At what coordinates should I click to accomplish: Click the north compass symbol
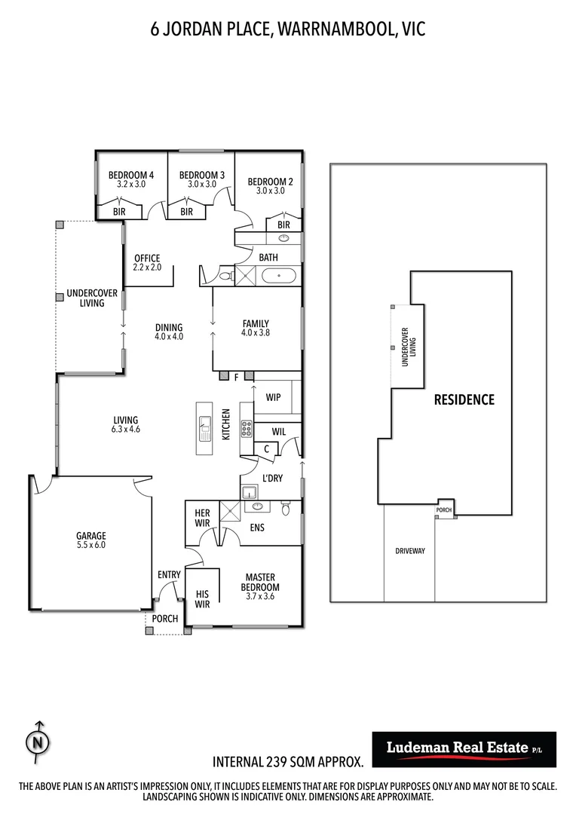pyautogui.click(x=37, y=742)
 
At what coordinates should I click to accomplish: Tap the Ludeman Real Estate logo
pyautogui.click(x=464, y=748)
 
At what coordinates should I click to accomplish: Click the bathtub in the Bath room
pyautogui.click(x=280, y=277)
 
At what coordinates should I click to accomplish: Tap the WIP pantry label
pyautogui.click(x=273, y=396)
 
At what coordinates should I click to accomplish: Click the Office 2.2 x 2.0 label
pyautogui.click(x=147, y=263)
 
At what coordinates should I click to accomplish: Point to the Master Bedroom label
pyautogui.click(x=259, y=583)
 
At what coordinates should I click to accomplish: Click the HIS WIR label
pyautogui.click(x=202, y=599)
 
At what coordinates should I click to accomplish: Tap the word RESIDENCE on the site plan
pyautogui.click(x=464, y=399)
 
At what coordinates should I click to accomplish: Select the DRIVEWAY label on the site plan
pyautogui.click(x=410, y=551)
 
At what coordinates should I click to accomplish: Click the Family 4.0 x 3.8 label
pyautogui.click(x=255, y=329)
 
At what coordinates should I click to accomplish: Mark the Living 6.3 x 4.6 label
pyautogui.click(x=126, y=424)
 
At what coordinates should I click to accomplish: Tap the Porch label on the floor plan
pyautogui.click(x=165, y=619)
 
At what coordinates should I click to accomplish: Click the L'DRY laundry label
pyautogui.click(x=272, y=478)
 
